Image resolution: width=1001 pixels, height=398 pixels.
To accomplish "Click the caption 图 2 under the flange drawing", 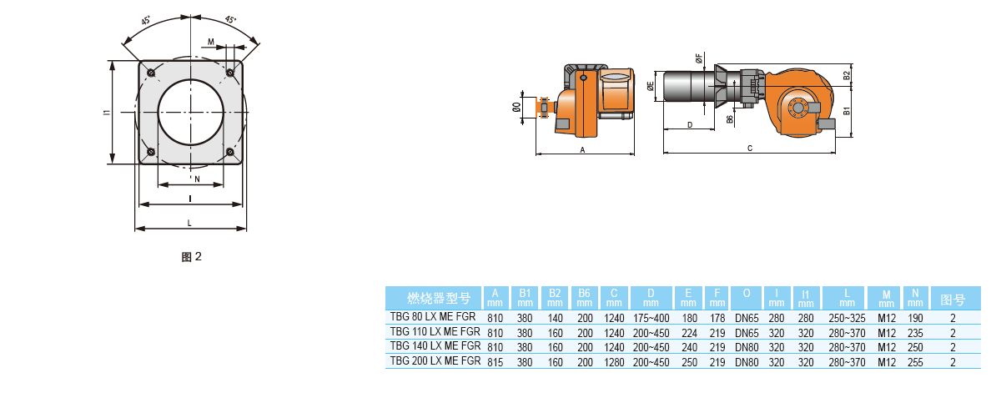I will [x=192, y=257].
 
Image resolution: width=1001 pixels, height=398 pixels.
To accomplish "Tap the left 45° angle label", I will [x=146, y=22].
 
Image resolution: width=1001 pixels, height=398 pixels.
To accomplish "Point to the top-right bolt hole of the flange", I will [x=229, y=73].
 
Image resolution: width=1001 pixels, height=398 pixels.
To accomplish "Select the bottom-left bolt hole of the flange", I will [x=151, y=151].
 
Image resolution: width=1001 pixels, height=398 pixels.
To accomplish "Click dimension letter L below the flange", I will [x=190, y=223].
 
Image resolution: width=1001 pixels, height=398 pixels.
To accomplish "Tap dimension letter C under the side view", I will [x=750, y=149].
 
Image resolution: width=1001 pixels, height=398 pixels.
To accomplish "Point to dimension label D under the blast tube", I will [x=689, y=124].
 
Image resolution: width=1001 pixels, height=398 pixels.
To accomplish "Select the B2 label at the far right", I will [x=846, y=76].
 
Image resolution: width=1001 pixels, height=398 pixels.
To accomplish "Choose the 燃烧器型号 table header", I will [x=434, y=298].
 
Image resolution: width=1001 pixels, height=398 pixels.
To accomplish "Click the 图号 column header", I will [x=953, y=298].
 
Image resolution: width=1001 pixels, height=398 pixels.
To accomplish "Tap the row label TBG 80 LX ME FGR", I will [x=433, y=318].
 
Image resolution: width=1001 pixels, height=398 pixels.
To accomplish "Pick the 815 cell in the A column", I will [x=495, y=362].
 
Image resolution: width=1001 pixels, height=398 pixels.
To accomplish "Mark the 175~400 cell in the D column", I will [x=651, y=319].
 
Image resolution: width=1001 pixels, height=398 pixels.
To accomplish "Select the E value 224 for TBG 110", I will [x=689, y=333].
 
